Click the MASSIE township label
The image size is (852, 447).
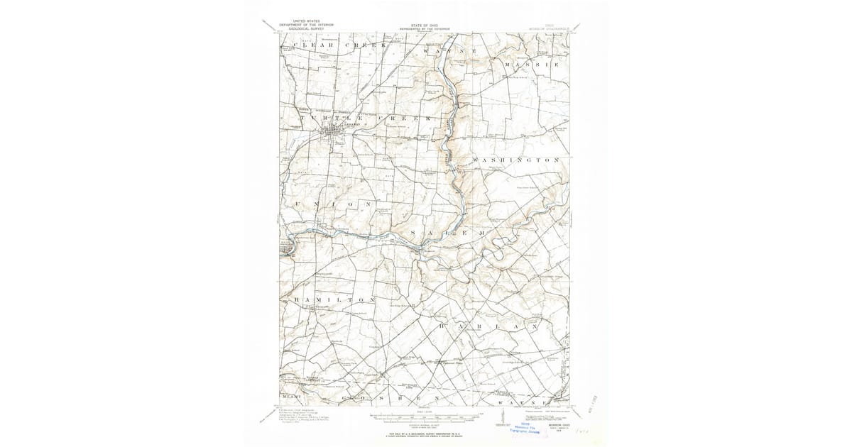[532, 65]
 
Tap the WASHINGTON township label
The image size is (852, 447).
[517, 161]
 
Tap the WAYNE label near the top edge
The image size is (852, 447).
[444, 53]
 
